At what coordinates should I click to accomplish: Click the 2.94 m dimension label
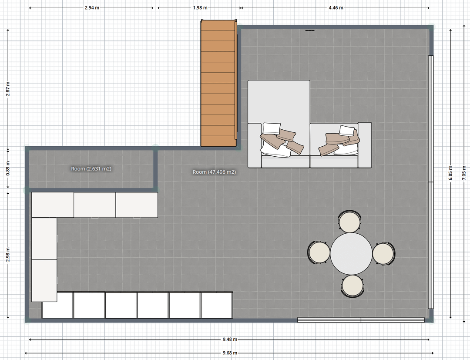click(x=92, y=8)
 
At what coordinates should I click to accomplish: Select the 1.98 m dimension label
click(x=200, y=8)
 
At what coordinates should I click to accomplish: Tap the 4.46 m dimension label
click(x=336, y=8)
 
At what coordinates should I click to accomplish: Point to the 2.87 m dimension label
click(x=8, y=89)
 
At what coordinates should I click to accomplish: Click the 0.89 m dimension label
click(x=8, y=168)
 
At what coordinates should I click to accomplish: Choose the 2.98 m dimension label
click(x=8, y=255)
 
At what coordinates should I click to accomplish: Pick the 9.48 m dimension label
click(x=230, y=339)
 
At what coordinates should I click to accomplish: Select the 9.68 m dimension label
click(x=230, y=353)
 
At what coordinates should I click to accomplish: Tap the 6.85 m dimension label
click(x=450, y=173)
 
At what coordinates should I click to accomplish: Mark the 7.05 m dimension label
click(x=464, y=173)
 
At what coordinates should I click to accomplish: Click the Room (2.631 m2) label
click(x=91, y=169)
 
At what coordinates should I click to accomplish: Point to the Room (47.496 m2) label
click(x=214, y=172)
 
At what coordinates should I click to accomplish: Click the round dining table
click(x=351, y=254)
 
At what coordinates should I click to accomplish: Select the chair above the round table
click(x=349, y=221)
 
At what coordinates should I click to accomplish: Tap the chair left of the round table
click(x=319, y=252)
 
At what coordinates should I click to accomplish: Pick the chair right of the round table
click(x=384, y=254)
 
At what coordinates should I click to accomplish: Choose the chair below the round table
click(x=352, y=286)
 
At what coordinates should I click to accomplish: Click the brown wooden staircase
click(x=219, y=83)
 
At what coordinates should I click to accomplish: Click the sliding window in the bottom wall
click(x=361, y=320)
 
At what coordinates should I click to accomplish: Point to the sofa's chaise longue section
click(x=279, y=124)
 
